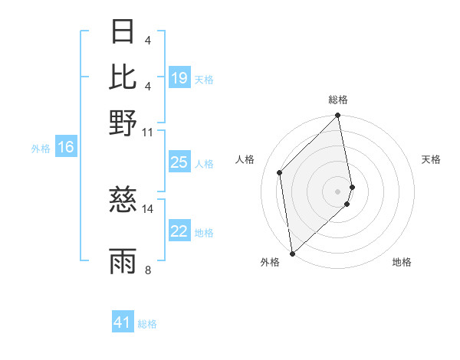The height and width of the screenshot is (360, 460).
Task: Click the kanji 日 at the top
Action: (x=123, y=32)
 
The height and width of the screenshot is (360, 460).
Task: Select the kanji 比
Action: (x=123, y=77)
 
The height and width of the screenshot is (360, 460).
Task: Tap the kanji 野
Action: (x=123, y=123)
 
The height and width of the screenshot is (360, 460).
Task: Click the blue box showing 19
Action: (x=179, y=78)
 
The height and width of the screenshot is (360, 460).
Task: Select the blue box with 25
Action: (x=179, y=162)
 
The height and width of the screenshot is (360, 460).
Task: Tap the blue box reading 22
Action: (x=179, y=232)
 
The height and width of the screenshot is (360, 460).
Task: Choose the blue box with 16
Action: (x=66, y=148)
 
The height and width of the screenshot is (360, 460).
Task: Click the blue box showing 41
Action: (x=123, y=322)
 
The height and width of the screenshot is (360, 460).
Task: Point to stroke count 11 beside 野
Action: (x=148, y=132)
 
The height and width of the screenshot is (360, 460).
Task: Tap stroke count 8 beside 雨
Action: (x=148, y=270)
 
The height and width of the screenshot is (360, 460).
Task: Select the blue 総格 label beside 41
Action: (x=147, y=324)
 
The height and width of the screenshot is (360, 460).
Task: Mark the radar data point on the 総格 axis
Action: (x=338, y=116)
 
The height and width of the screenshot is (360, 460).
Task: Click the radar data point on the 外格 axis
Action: (x=292, y=253)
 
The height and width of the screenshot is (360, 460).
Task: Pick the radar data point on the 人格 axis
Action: (x=280, y=172)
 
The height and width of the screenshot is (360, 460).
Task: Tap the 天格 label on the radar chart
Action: (x=432, y=159)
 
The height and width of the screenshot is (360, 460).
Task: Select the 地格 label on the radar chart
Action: (x=402, y=263)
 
